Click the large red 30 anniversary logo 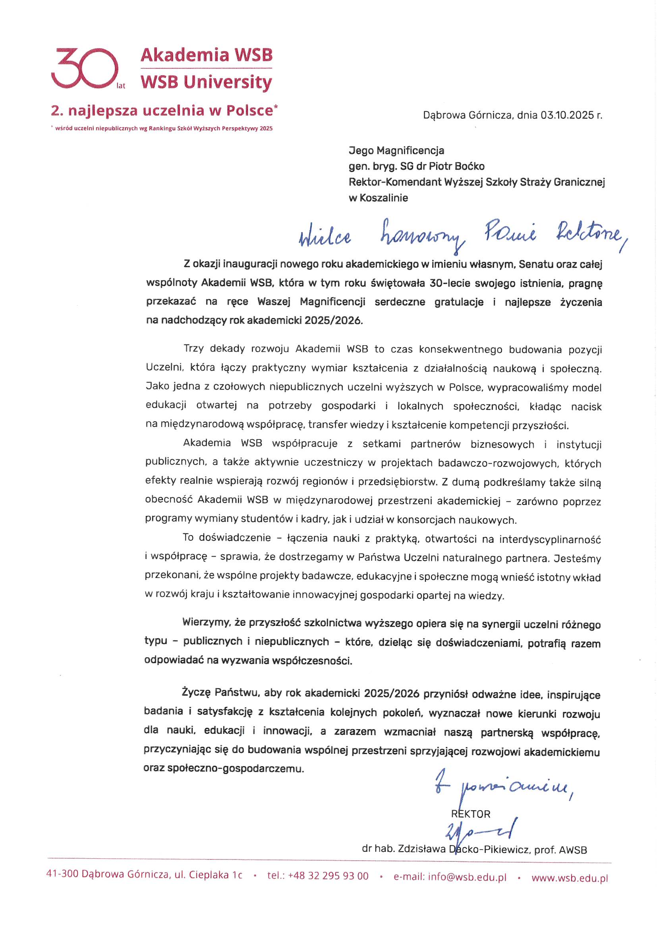pos(85,68)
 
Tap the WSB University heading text pos(206,82)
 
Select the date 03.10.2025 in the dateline pos(567,115)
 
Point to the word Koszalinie pos(384,198)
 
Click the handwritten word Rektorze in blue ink pos(589,235)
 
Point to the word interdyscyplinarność pos(549,539)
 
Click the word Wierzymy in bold pos(205,622)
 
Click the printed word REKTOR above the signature pos(470,814)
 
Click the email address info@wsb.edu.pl pos(467,877)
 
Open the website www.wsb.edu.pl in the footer pos(569,878)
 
